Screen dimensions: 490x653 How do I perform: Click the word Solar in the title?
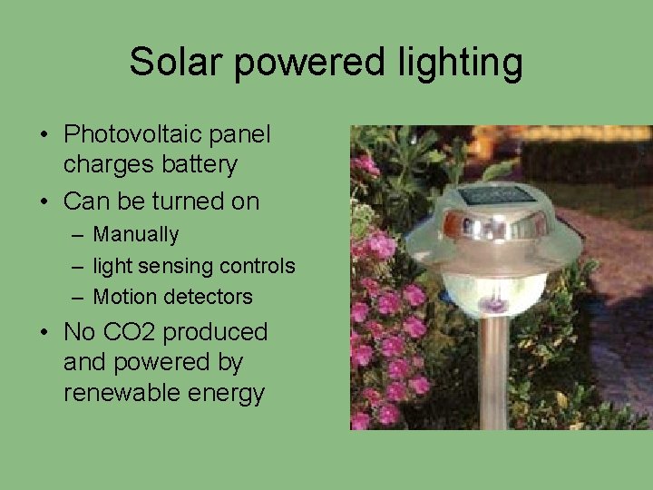pos(170,63)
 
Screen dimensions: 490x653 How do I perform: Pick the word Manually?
pos(136,235)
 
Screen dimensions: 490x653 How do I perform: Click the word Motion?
pos(122,297)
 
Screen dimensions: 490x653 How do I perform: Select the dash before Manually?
pos(78,235)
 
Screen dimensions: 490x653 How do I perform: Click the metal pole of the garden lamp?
pos(493,372)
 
